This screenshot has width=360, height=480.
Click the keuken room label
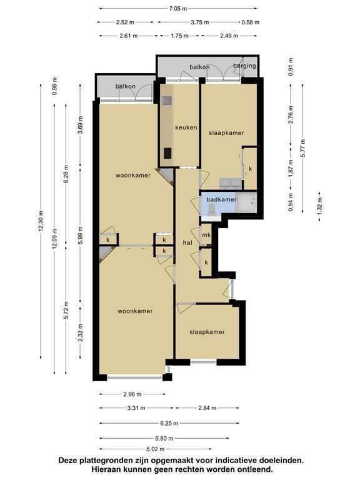[186, 127]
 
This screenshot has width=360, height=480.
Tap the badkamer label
[221, 199]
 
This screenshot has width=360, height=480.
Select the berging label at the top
[244, 66]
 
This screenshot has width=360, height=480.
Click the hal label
[187, 242]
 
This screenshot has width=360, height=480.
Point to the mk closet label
[207, 235]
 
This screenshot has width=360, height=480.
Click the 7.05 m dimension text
[178, 9]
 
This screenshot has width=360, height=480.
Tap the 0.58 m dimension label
[251, 22]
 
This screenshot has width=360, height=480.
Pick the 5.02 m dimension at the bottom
[156, 449]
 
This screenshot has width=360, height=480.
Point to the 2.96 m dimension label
[132, 394]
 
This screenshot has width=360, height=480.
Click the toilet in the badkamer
[211, 209]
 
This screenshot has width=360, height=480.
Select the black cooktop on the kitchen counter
[167, 153]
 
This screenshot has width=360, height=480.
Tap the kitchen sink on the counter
[167, 101]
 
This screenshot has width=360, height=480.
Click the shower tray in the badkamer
[246, 202]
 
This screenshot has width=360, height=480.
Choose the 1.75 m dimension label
[179, 36]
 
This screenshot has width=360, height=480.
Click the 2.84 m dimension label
[207, 407]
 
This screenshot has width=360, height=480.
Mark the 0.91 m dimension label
[291, 67]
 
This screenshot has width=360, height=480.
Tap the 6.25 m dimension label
[169, 423]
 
